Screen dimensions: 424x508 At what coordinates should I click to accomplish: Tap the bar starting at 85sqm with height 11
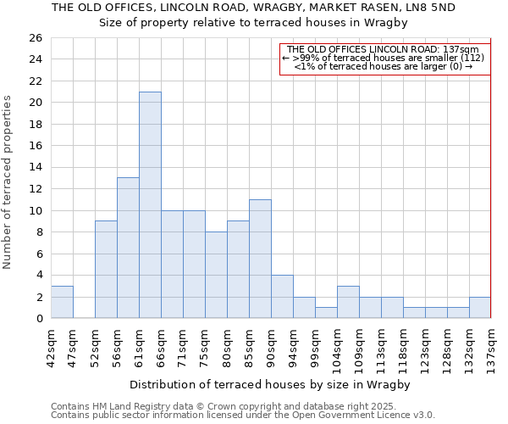[260, 259]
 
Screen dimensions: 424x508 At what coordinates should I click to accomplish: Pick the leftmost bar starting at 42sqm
[62, 302]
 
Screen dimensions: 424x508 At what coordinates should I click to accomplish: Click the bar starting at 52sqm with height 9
[106, 270]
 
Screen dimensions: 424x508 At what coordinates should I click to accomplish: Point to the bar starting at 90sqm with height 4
[282, 297]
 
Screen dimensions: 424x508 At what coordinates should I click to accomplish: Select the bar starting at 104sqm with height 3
[348, 302]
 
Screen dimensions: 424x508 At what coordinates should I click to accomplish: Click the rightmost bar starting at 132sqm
[480, 308]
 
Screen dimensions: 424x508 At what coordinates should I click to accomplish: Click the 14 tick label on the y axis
[35, 168]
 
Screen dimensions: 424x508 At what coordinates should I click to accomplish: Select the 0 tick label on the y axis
[38, 319]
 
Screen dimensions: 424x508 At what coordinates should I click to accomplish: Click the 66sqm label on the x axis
[162, 343]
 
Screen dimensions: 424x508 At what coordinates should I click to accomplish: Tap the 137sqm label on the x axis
[492, 343]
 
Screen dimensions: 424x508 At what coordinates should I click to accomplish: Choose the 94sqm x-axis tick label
[294, 343]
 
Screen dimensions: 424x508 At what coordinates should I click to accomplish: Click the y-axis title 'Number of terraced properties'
[8, 182]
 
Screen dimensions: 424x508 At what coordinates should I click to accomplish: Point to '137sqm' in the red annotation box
[462, 49]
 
